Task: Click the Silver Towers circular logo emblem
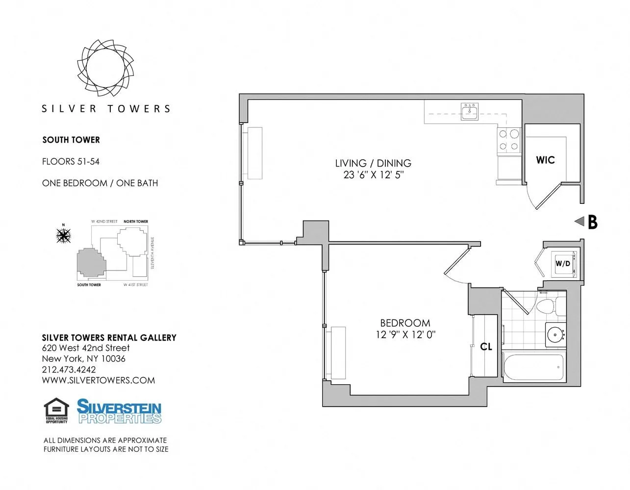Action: (x=105, y=68)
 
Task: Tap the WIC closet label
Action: (x=545, y=160)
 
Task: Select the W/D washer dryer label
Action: (x=563, y=264)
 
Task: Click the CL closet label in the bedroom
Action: (x=486, y=347)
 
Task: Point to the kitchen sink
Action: (x=470, y=112)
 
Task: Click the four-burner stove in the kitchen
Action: (x=509, y=140)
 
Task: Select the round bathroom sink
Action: (x=555, y=335)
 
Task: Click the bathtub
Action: (x=534, y=367)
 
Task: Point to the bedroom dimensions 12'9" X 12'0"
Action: (x=405, y=335)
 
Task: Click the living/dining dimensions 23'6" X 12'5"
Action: (x=373, y=175)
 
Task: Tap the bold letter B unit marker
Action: (x=592, y=222)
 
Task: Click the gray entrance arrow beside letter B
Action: (x=579, y=221)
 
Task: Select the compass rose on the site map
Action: (x=63, y=236)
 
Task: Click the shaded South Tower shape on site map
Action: (x=90, y=263)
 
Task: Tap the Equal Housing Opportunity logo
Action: (x=56, y=411)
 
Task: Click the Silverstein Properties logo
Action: (x=119, y=411)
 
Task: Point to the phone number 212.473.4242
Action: (x=69, y=369)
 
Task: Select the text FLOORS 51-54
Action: (x=71, y=161)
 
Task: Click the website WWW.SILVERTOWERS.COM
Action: (x=98, y=380)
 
